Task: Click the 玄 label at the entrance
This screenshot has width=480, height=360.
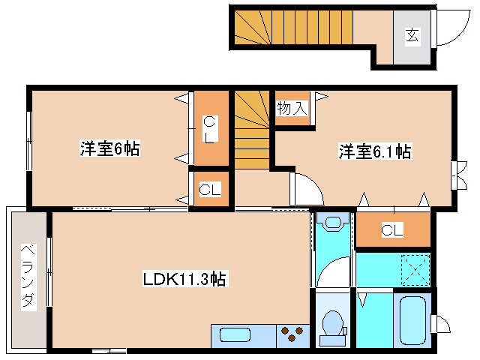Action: point(412,34)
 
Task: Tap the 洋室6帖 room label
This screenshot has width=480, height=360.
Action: point(109,148)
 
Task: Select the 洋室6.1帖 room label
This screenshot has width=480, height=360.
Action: point(374,151)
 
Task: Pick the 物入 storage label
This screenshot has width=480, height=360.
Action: point(292,108)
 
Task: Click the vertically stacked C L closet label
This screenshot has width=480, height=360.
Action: point(210,129)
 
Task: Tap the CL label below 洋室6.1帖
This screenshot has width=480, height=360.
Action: point(391,230)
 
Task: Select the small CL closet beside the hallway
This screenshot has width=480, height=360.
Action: point(210,190)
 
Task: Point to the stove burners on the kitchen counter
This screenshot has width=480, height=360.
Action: point(292,334)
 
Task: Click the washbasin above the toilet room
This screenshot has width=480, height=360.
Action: point(331,223)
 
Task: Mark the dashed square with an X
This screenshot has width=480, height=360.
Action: point(412,268)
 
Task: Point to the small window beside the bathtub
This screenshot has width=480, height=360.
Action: point(440,323)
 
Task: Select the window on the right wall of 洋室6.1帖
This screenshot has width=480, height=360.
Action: point(456,174)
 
